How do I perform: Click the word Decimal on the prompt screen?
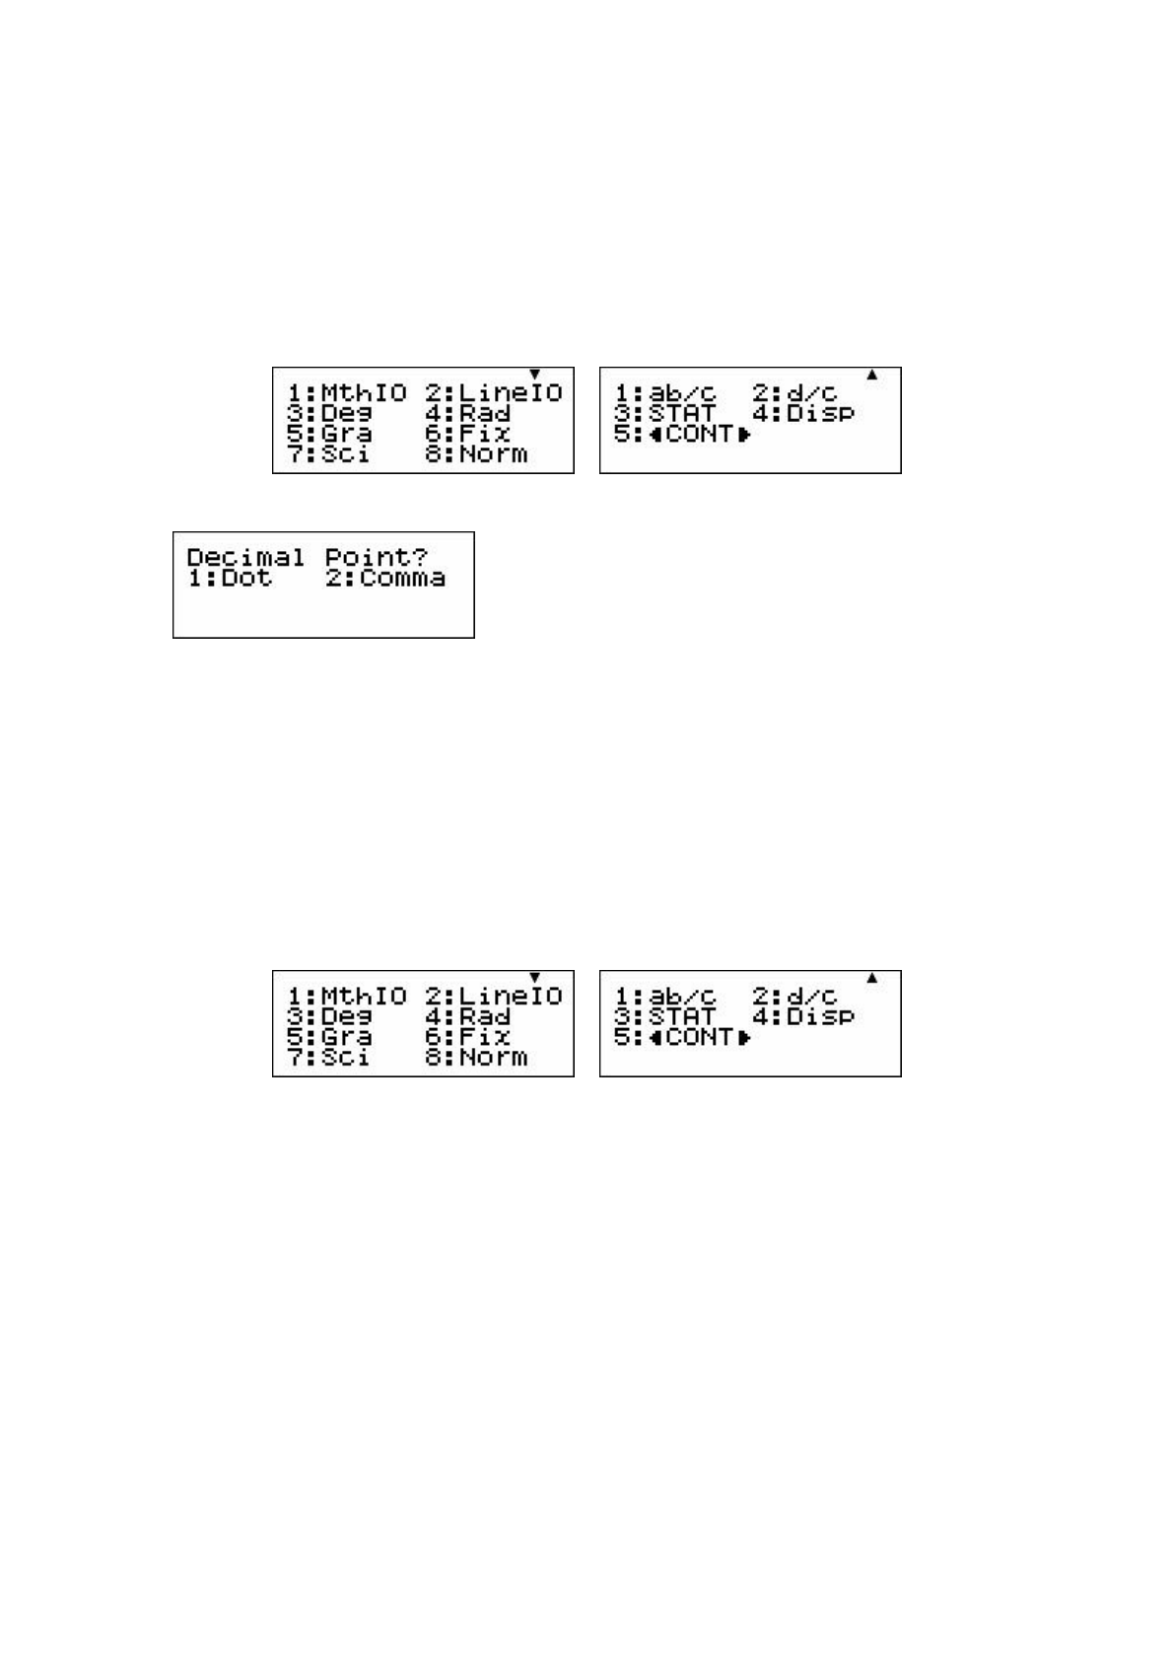point(245,557)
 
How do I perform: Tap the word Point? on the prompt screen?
point(377,557)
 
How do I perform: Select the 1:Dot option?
point(230,578)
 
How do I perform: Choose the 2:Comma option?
point(385,578)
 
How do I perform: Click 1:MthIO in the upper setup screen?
point(346,392)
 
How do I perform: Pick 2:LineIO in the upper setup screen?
point(494,392)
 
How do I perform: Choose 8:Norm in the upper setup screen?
point(476,454)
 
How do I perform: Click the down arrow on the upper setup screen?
point(535,375)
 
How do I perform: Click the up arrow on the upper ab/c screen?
point(871,375)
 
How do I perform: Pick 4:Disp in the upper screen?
point(802,413)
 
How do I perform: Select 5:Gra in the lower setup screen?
point(329,1037)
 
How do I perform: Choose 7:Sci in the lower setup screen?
point(327,1058)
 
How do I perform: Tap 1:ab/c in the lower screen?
point(665,996)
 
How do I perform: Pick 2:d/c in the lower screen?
point(794,996)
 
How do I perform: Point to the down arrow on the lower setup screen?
point(535,978)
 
